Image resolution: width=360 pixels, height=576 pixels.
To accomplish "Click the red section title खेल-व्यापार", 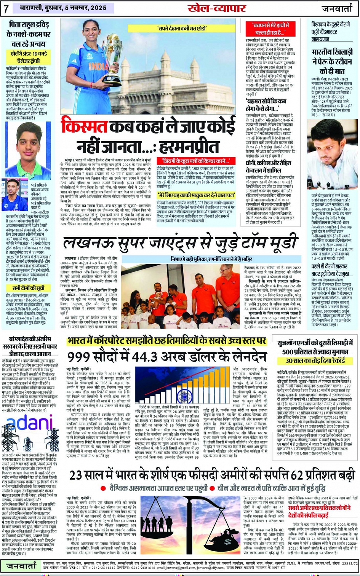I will [216, 8].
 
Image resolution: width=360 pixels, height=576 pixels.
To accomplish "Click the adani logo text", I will [30, 423].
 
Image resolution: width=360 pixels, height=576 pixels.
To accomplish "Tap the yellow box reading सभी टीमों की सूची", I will [28, 288].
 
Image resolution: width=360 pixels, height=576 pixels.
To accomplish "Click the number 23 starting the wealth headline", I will [76, 476].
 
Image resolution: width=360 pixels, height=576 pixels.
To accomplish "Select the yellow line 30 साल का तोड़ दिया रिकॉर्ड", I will [315, 360].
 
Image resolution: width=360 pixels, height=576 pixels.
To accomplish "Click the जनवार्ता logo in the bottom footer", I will [21, 566].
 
